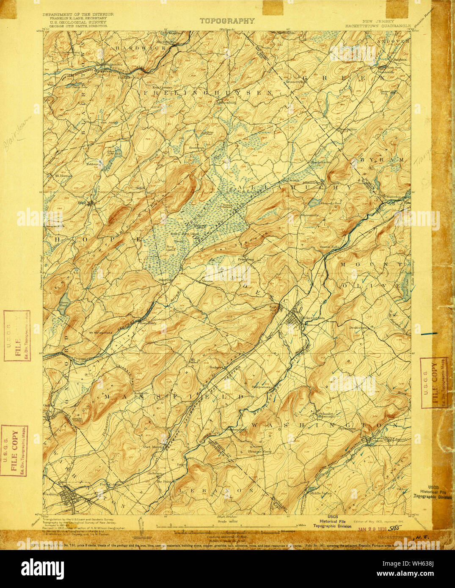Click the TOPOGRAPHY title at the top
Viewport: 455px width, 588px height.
[227, 21]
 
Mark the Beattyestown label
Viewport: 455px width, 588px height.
[262, 386]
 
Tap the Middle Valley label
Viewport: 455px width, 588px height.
[320, 493]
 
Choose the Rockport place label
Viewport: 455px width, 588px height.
[217, 368]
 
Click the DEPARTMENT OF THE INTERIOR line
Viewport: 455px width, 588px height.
[78, 14]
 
